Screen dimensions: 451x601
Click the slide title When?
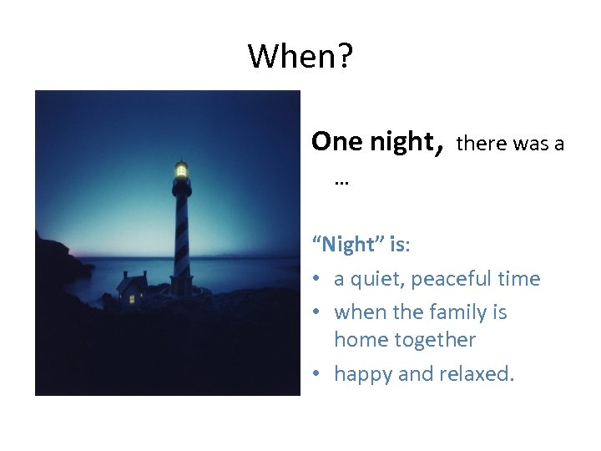[x=300, y=57]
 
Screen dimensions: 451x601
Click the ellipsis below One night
[x=341, y=179]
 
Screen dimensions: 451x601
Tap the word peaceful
[x=455, y=279]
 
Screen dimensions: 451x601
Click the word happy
[x=363, y=374]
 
